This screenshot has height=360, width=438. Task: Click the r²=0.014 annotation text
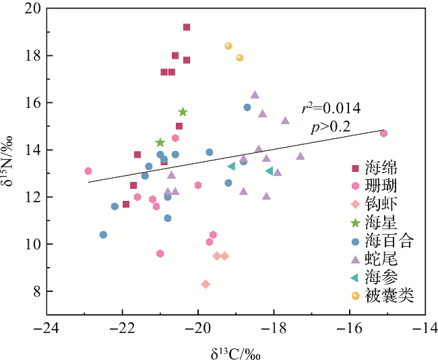(x=332, y=108)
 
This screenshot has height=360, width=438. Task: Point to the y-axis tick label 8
(x=36, y=291)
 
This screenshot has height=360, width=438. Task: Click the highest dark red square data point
(x=187, y=27)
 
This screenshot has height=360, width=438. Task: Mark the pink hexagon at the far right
(x=383, y=133)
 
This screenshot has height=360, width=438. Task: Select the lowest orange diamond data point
(x=206, y=284)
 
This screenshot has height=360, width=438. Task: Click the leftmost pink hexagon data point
(x=88, y=171)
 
